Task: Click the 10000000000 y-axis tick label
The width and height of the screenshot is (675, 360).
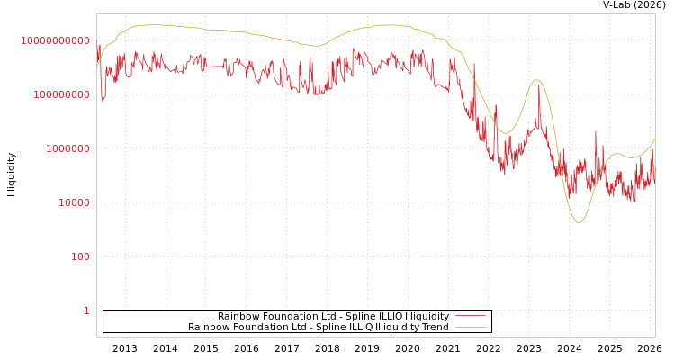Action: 56,40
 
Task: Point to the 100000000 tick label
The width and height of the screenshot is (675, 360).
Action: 62,94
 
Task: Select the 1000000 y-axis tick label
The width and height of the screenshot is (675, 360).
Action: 67,148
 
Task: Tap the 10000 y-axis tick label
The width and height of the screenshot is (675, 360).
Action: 74,202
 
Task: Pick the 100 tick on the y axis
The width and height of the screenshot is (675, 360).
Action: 80,256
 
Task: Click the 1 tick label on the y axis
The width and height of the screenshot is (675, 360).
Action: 86,310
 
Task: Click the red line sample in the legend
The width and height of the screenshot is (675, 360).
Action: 470,316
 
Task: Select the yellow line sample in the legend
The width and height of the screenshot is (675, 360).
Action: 470,327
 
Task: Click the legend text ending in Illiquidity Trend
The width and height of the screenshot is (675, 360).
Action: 319,327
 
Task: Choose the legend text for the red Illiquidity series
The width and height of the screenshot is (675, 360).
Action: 333,316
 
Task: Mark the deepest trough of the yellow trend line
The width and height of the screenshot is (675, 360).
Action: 579,222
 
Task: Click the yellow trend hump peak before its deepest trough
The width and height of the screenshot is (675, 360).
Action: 537,80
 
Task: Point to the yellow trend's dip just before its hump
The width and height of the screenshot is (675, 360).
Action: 506,133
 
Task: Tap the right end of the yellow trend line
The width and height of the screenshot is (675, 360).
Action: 654,139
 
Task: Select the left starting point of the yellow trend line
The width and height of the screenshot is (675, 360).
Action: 97,67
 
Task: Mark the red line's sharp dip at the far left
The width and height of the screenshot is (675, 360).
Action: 103,100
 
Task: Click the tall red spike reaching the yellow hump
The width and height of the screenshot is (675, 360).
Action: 539,85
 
